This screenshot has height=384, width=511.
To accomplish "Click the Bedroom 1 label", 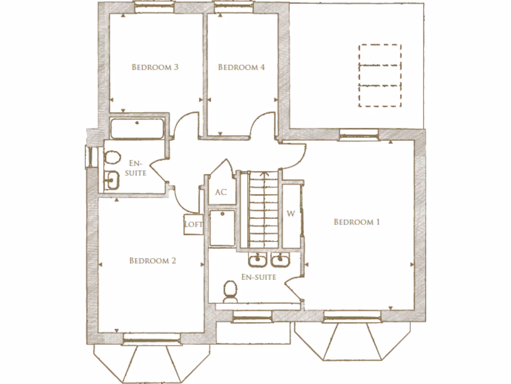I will (356, 222).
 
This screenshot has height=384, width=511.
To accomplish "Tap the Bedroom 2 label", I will (152, 260).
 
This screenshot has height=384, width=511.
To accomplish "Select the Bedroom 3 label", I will (155, 67).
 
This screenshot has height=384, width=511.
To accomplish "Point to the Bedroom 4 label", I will (241, 67).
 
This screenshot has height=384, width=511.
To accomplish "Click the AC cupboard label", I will (221, 192).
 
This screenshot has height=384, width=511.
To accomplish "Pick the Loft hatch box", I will (193, 224).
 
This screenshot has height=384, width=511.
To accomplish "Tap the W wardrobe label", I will (291, 213).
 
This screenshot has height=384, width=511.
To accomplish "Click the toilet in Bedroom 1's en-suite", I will (230, 291).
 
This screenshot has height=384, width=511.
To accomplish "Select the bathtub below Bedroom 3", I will (136, 129).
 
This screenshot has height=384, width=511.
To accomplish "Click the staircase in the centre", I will (263, 210).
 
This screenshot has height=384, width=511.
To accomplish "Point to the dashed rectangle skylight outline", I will (380, 75).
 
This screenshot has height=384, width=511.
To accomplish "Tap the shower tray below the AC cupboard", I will (222, 228).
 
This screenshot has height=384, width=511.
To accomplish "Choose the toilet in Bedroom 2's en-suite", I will (112, 158).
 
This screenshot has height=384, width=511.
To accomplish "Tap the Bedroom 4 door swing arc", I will (260, 125).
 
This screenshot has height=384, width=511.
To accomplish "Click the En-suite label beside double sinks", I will (258, 277).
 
